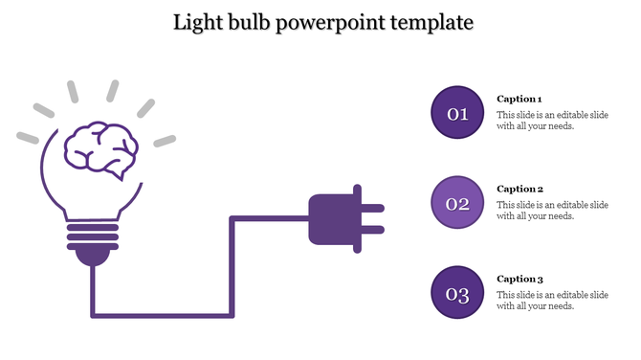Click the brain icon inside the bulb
tap(99, 149)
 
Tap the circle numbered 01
tap(458, 114)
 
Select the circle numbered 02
tap(458, 203)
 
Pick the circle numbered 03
tap(458, 293)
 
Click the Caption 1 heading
tap(519, 99)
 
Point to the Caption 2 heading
tap(519, 189)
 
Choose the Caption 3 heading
tap(519, 279)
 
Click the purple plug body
tap(330, 218)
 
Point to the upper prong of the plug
tap(372, 207)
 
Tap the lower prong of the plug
tap(372, 230)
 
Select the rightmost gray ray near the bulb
tap(166, 141)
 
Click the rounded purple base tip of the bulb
tap(92, 256)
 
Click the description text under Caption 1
tap(552, 121)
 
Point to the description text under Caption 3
tap(552, 300)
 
